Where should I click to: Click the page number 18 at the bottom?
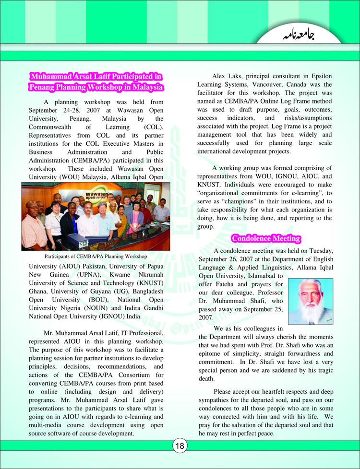(180, 446)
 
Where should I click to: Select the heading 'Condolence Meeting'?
(266, 238)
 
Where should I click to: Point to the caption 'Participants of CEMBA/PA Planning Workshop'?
(96, 257)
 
